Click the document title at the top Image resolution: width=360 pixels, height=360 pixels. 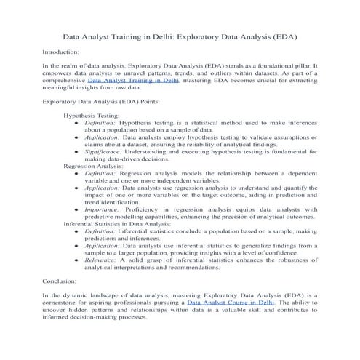coord(180,35)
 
